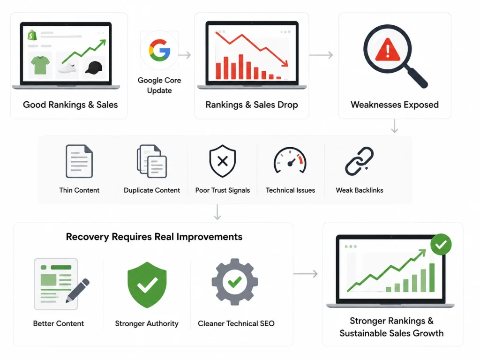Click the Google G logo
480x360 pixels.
tap(159, 50)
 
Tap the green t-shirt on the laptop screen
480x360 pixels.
tap(40, 65)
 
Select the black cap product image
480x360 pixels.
tap(94, 67)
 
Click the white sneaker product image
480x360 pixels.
tap(67, 68)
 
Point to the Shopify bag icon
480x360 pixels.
tap(32, 35)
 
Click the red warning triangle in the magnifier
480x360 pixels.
tap(388, 49)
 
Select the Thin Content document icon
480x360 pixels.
tap(79, 161)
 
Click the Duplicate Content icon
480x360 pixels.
tap(152, 161)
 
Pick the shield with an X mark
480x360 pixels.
tap(223, 161)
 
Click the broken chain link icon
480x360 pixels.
tap(359, 161)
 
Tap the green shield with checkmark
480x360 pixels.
tap(147, 285)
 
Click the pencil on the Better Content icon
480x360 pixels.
tap(78, 291)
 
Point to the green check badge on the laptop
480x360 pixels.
tap(441, 244)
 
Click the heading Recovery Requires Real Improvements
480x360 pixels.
tap(154, 237)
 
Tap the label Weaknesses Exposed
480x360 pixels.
tap(395, 105)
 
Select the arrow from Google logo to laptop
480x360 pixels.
tap(185, 55)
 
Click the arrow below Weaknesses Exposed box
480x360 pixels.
tap(395, 126)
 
